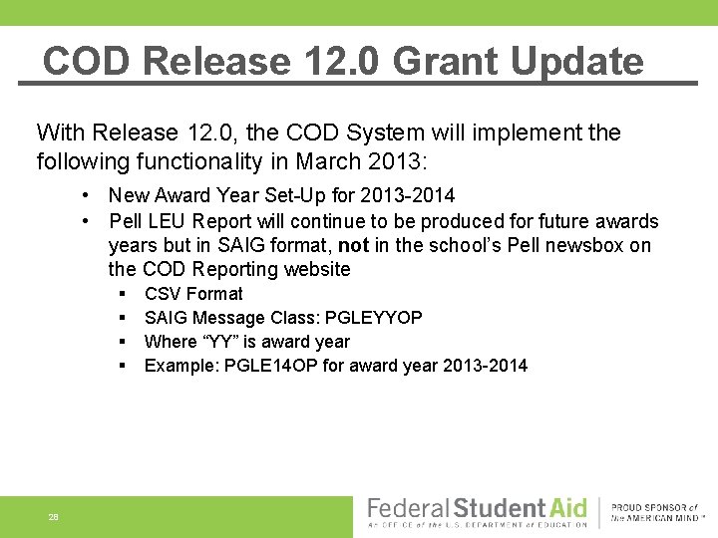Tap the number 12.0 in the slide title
coord(335,62)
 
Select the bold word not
coord(354,245)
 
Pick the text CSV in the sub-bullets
coord(163,294)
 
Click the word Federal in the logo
coord(410,507)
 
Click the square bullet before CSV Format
coord(121,294)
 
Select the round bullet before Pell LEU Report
coord(89,221)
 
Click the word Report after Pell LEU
coord(223,221)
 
